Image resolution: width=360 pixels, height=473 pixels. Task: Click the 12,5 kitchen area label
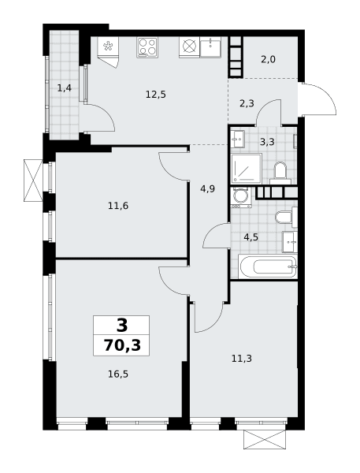pyautogui.click(x=156, y=95)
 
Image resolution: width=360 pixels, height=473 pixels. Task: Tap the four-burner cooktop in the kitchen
pyautogui.click(x=147, y=47)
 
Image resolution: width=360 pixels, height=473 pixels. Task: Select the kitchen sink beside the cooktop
pyautogui.click(x=211, y=47)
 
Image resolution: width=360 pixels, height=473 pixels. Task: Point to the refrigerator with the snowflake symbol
pyautogui.click(x=108, y=47)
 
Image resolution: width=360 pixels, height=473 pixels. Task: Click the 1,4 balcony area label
pyautogui.click(x=65, y=88)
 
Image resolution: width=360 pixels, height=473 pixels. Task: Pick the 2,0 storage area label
pyautogui.click(x=268, y=59)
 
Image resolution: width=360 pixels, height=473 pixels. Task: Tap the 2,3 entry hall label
pyautogui.click(x=247, y=104)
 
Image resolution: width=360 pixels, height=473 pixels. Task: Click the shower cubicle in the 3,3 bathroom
pyautogui.click(x=247, y=169)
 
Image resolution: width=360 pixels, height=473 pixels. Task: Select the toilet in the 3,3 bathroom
pyautogui.click(x=280, y=173)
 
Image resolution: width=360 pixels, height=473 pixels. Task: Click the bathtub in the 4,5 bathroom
pyautogui.click(x=268, y=266)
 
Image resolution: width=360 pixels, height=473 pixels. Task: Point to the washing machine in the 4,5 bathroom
pyautogui.click(x=241, y=197)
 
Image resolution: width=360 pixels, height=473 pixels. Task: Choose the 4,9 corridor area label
pyautogui.click(x=208, y=189)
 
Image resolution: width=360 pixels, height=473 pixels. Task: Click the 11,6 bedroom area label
pyautogui.click(x=118, y=206)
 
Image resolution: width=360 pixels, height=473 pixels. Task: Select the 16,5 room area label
pyautogui.click(x=118, y=374)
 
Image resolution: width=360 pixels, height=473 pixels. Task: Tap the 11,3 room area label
pyautogui.click(x=242, y=359)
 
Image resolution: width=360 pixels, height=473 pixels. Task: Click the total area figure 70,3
pyautogui.click(x=122, y=345)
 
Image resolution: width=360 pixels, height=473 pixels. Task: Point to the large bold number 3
pyautogui.click(x=122, y=326)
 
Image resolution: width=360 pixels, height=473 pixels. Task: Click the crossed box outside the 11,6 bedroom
pyautogui.click(x=33, y=181)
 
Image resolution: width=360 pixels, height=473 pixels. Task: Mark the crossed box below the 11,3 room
pyautogui.click(x=265, y=440)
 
